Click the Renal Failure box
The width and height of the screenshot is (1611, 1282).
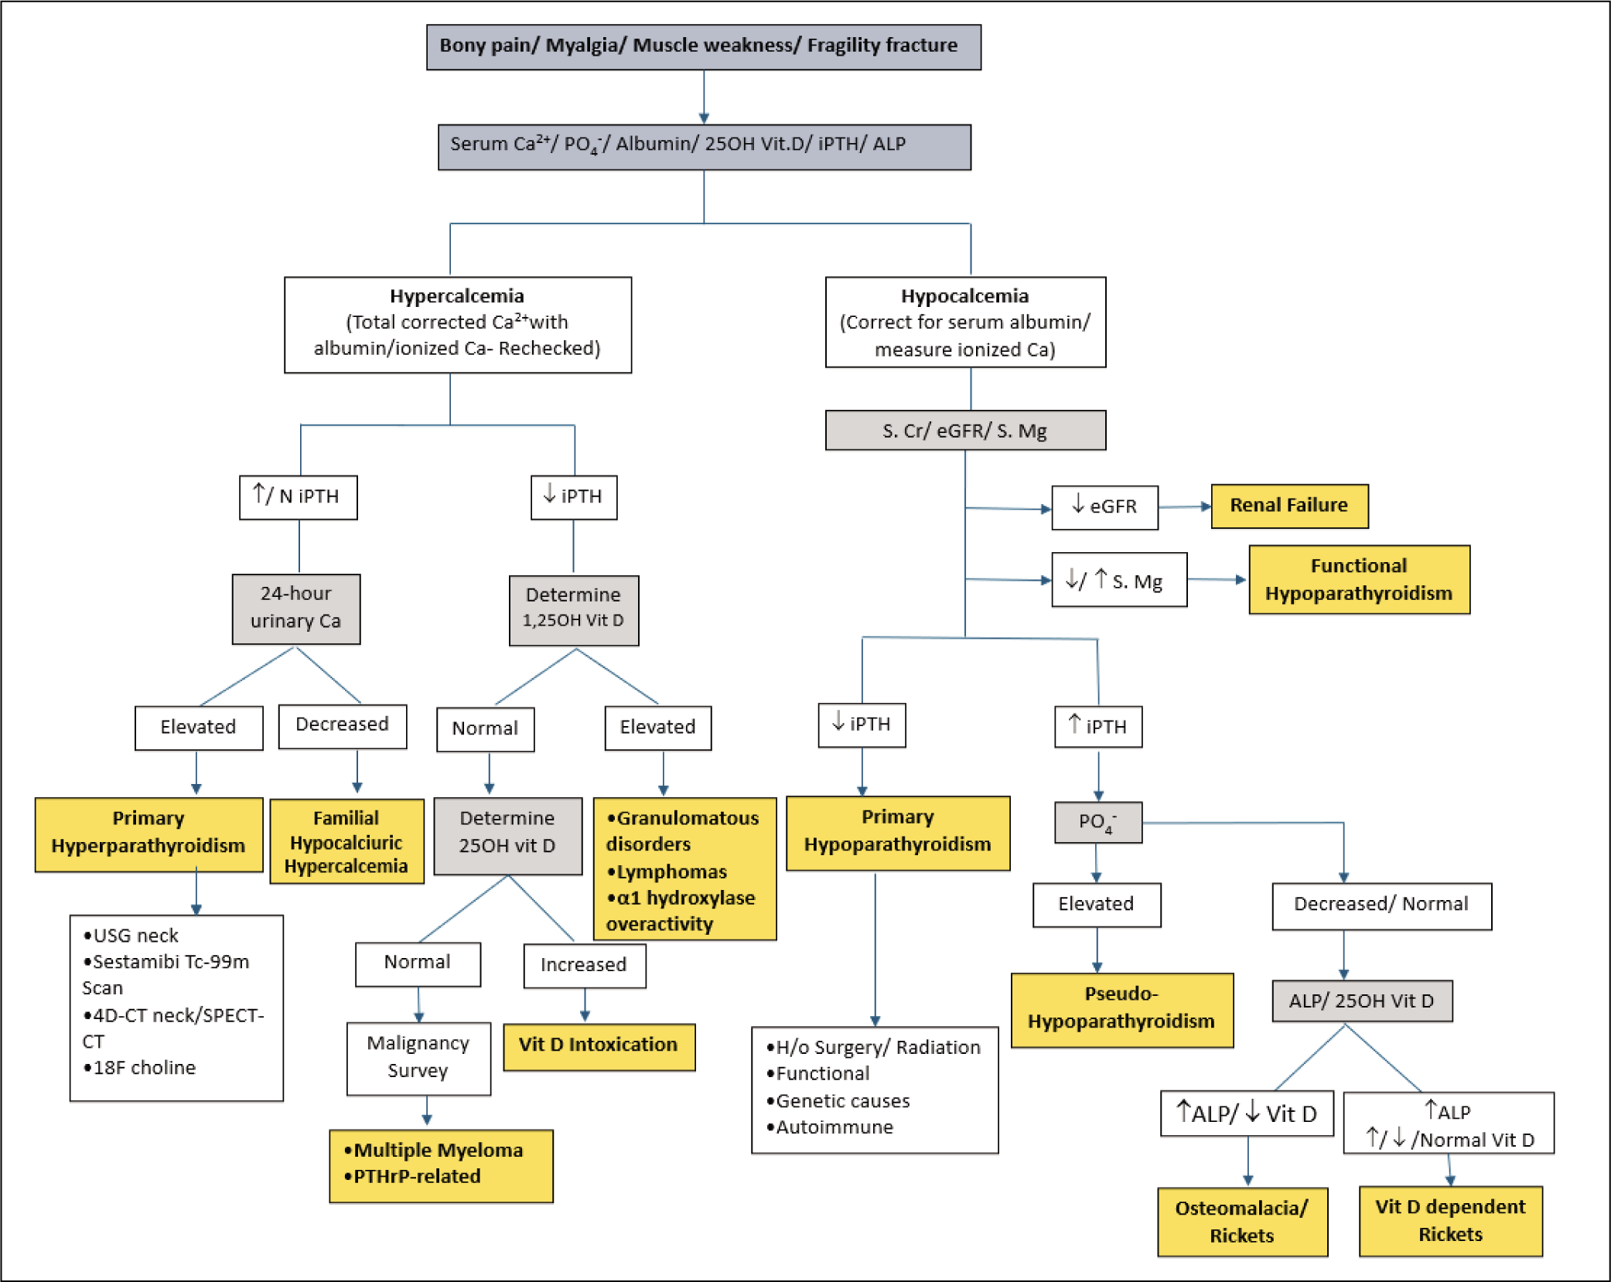[x=1289, y=506]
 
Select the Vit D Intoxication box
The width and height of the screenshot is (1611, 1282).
[x=599, y=1047]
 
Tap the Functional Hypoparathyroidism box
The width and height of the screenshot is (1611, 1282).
[x=1359, y=580]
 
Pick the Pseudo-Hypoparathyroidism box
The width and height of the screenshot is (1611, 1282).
[x=1121, y=1010]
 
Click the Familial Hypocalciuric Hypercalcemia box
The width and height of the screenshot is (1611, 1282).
[x=346, y=841]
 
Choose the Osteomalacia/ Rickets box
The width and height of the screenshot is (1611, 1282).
[x=1242, y=1222]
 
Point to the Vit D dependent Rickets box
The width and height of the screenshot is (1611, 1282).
[x=1450, y=1221]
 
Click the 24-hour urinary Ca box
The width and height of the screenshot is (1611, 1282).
[x=296, y=609]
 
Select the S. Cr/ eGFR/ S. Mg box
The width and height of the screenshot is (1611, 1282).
[x=965, y=430]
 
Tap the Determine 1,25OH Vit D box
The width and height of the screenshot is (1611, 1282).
[x=574, y=610]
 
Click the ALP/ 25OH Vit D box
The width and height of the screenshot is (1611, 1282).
[x=1362, y=1001]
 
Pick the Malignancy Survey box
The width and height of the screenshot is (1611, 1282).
[x=418, y=1059]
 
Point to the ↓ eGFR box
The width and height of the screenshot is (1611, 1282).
[x=1104, y=507]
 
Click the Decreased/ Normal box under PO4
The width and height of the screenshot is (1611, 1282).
[x=1381, y=906]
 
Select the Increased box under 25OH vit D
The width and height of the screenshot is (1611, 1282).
[x=584, y=966]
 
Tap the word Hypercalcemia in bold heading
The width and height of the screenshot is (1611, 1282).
[x=456, y=296]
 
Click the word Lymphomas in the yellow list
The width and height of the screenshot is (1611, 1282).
[x=671, y=872]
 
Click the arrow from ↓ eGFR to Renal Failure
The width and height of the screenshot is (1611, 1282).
[x=1185, y=507]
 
